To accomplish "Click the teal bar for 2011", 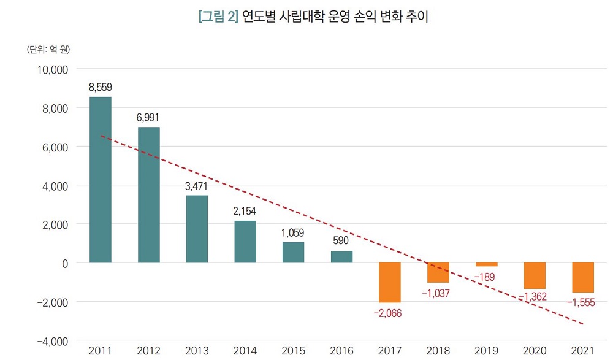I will pos(101,180).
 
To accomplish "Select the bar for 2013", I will pos(197,229).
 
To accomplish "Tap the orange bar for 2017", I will pos(390,282).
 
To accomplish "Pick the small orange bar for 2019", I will pos(487,264).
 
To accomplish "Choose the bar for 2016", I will pos(341,257).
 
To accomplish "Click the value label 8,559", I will pos(101,87).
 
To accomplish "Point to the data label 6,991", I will pos(148,117).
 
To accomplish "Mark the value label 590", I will pos(341,240).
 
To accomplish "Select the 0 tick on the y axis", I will pos(63,263).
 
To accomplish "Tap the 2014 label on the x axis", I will pos(245,351).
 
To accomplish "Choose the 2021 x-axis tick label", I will pos(583,351).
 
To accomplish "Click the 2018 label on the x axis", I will pos(438,351).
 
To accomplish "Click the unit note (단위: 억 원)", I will pos(48,48).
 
